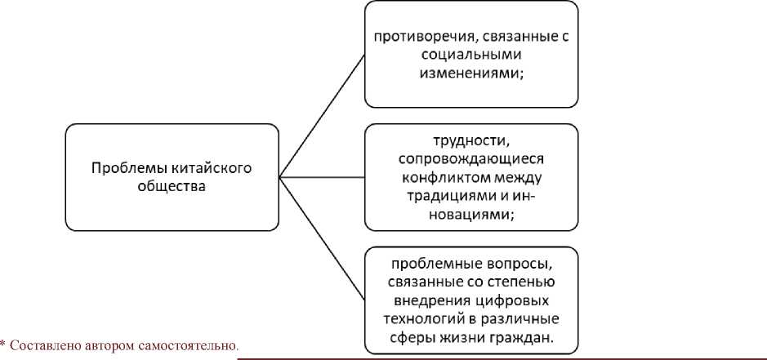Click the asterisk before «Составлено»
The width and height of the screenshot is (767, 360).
[3, 343]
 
